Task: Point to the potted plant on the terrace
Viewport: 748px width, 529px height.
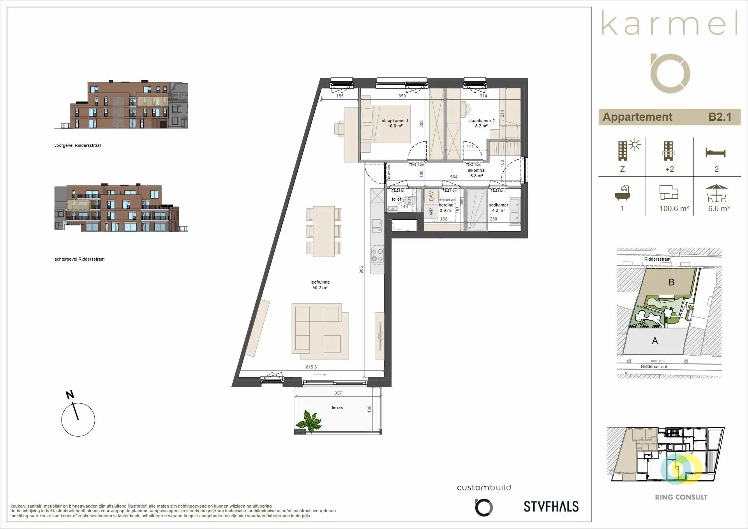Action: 309,421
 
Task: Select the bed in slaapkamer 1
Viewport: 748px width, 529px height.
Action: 385,129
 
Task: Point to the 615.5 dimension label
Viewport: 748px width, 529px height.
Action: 311,367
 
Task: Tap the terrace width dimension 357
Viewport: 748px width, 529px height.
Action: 338,393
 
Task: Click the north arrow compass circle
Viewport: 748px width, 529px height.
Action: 78,420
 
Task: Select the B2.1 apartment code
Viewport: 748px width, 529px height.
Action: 720,117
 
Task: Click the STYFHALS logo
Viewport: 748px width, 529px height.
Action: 551,506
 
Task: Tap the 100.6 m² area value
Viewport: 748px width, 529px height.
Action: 674,209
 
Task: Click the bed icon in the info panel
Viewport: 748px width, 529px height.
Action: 715,153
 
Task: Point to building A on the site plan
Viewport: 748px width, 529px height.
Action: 655,341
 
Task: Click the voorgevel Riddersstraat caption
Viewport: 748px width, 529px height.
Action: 78,145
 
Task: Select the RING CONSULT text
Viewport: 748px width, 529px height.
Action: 681,497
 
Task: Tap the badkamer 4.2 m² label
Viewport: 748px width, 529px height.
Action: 498,208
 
